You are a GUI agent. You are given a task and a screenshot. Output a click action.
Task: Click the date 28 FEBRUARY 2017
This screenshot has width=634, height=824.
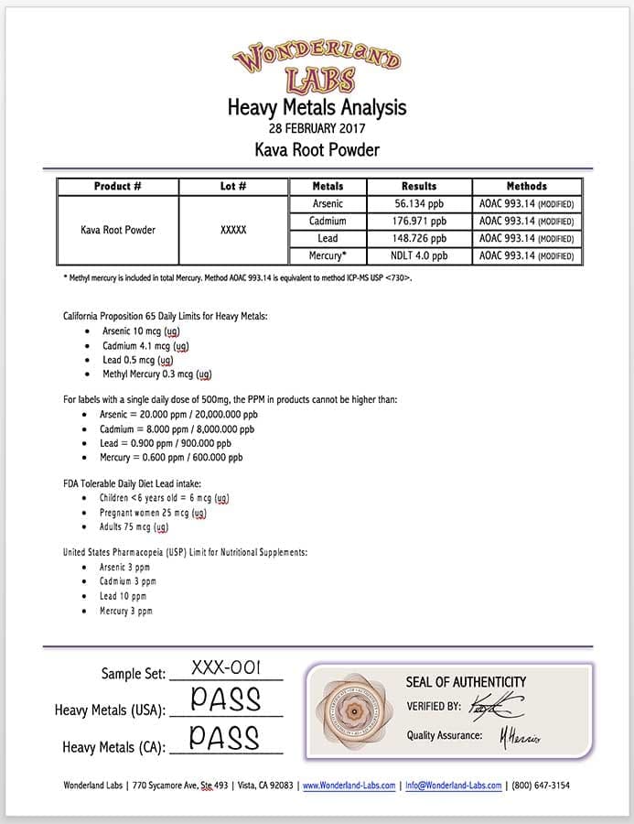317,128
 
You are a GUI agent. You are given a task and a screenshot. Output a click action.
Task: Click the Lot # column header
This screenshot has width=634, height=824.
233,186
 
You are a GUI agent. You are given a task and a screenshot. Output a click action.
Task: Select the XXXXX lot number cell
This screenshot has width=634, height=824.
233,230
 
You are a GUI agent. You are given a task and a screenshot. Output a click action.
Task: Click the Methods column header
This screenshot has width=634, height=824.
526,186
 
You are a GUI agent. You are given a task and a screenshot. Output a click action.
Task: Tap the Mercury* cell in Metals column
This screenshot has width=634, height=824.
328,255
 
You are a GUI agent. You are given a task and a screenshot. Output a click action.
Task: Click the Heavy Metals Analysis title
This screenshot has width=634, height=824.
317,108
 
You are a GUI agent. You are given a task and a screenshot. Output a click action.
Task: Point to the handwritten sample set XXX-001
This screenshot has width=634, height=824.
226,668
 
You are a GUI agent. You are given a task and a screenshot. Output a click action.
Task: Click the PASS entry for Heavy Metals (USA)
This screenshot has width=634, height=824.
226,700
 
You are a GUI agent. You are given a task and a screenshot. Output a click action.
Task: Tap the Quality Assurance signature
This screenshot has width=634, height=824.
520,736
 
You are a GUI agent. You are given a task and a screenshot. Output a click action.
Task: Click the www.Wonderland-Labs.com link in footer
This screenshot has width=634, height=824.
349,786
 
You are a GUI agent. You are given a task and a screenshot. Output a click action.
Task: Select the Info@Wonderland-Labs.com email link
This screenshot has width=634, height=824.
454,786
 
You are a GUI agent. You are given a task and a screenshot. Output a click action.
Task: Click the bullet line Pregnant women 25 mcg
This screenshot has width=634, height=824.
153,513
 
